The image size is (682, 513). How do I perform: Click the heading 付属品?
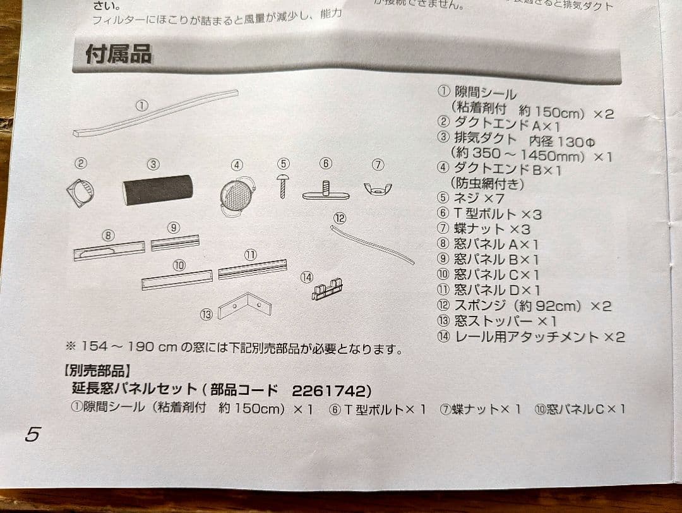pos(119,54)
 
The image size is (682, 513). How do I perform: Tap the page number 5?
pos(33,434)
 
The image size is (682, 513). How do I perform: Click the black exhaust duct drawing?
pos(158,190)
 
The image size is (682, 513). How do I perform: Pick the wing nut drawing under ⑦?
pos(378,188)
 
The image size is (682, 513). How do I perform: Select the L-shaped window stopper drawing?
pos(244,306)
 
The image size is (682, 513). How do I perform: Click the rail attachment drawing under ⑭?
pos(327,290)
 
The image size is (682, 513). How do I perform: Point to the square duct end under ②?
pos(81,192)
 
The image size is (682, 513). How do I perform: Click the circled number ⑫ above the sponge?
pos(340,218)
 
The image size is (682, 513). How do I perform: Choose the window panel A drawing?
pos(109,251)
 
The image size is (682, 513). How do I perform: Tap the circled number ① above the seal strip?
pos(142,106)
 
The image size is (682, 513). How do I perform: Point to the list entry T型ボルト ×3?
pos(498,214)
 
